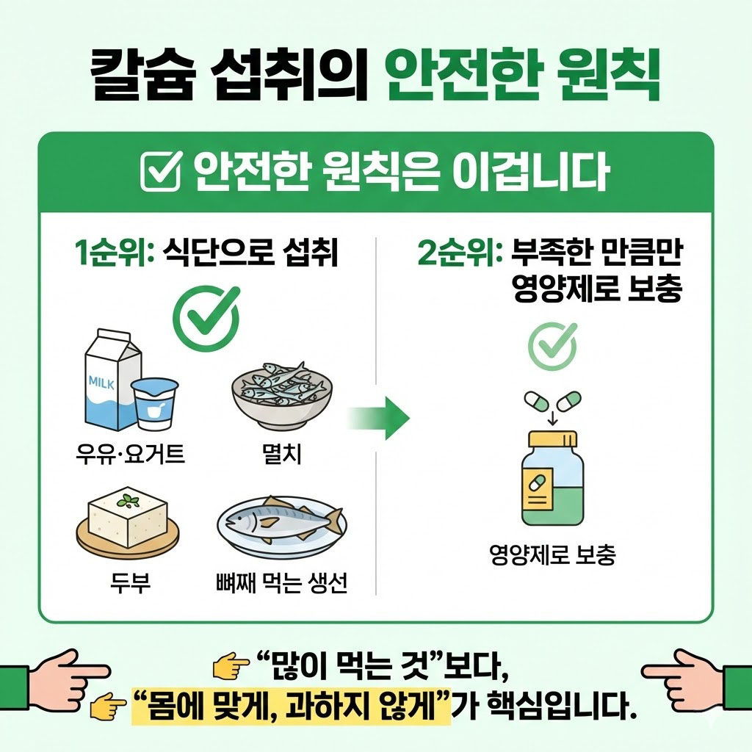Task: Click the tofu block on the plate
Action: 128,517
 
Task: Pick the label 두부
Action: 128,585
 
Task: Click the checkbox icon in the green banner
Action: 160,173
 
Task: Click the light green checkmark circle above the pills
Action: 552,346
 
